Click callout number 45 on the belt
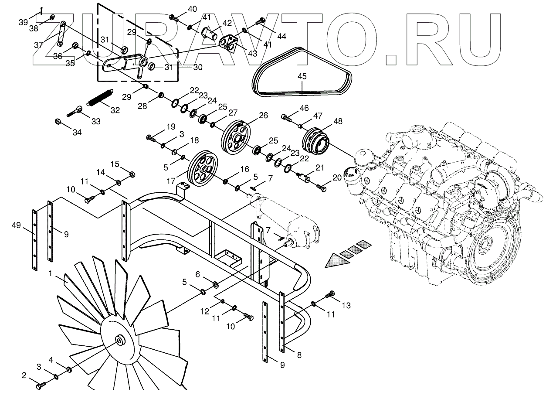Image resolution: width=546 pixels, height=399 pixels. pos(302,76)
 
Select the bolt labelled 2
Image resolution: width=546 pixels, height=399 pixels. pos(41,385)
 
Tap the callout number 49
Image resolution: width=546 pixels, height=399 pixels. pos(17,225)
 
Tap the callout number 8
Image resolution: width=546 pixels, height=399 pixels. pos(298,355)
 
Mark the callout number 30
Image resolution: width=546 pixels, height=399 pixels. pos(198,67)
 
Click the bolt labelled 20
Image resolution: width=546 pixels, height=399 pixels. pos(321,188)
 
